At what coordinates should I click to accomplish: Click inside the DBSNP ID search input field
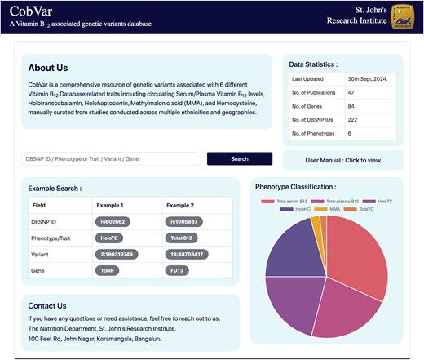[x=111, y=158]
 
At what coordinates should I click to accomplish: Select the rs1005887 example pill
[x=186, y=221]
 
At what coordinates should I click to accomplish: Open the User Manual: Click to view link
[x=342, y=160]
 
